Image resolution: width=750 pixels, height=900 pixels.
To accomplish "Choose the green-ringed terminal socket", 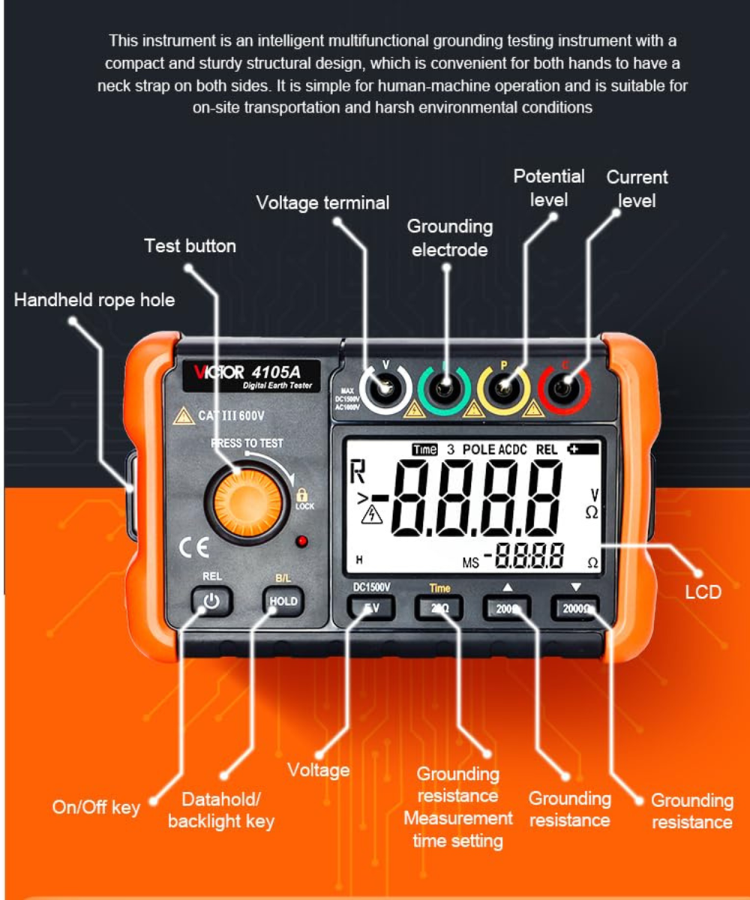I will coord(445,388).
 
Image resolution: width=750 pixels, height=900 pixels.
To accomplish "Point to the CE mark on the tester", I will coord(193,547).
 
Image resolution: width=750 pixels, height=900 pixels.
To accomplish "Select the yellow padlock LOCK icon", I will coord(303,496).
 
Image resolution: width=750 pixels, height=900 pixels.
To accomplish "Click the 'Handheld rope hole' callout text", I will coord(94,300).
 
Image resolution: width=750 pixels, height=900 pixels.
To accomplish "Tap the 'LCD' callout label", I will coord(703,592).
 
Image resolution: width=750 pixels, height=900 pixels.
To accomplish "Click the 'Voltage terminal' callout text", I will coord(322,202).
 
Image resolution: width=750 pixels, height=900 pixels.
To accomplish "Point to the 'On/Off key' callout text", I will coord(96,807).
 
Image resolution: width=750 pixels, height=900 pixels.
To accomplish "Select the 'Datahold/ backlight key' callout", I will coord(220,810).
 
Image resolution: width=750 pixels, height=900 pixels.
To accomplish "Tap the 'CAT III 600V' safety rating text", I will coord(223,415).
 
